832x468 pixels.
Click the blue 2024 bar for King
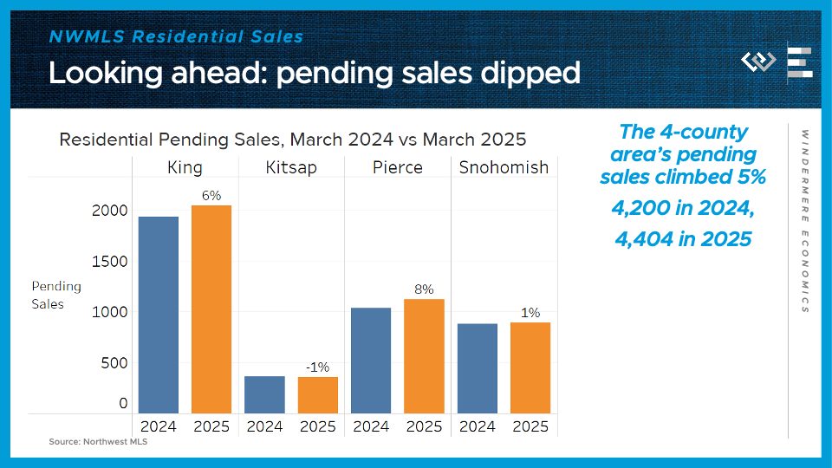tap(159, 315)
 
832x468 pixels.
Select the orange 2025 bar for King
tap(211, 309)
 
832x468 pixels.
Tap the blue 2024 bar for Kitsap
tap(264, 394)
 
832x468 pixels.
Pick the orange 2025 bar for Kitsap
tap(318, 395)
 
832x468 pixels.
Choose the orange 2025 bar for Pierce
tap(424, 356)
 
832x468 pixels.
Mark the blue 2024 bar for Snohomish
tap(477, 368)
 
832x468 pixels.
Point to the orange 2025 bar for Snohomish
tap(530, 367)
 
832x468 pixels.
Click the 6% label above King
tap(211, 196)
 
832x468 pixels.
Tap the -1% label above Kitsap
tap(317, 367)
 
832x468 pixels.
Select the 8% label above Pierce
tap(424, 289)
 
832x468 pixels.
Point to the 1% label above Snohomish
tap(530, 312)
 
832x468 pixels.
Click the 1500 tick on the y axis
tap(110, 262)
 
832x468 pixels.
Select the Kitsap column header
tap(291, 167)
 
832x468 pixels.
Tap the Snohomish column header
tap(504, 167)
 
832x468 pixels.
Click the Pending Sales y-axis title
tap(56, 295)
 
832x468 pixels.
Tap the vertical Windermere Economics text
tap(804, 221)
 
